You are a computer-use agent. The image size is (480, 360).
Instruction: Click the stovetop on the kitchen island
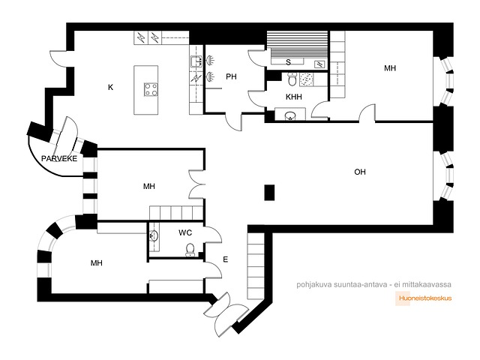click(x=151, y=89)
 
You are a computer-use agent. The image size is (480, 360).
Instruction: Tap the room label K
click(x=110, y=88)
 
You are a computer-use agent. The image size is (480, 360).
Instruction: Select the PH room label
click(x=231, y=76)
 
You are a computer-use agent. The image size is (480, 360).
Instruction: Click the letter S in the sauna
click(x=288, y=62)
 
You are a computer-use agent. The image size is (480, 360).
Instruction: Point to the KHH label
click(x=293, y=97)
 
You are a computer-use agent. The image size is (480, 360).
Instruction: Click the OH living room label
click(x=360, y=172)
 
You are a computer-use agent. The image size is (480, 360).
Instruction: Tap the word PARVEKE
click(x=59, y=159)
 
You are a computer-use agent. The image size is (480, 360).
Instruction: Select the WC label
click(x=185, y=233)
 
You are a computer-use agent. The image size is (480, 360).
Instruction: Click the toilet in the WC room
click(x=190, y=249)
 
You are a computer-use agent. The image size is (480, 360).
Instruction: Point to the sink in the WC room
click(x=154, y=235)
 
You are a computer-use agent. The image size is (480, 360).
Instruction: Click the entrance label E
click(x=226, y=259)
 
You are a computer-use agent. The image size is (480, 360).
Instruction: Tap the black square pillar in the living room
click(x=269, y=193)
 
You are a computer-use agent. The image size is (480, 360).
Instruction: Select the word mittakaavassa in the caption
click(x=427, y=285)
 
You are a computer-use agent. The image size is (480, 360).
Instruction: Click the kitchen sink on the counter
click(x=196, y=61)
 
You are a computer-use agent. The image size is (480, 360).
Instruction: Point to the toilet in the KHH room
click(x=292, y=79)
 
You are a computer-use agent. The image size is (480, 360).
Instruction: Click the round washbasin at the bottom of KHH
click(x=289, y=116)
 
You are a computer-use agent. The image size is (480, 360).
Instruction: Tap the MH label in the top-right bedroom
click(x=390, y=68)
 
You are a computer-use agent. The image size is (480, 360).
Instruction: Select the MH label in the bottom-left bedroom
click(x=97, y=263)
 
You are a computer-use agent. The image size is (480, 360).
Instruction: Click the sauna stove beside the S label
click(x=319, y=64)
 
